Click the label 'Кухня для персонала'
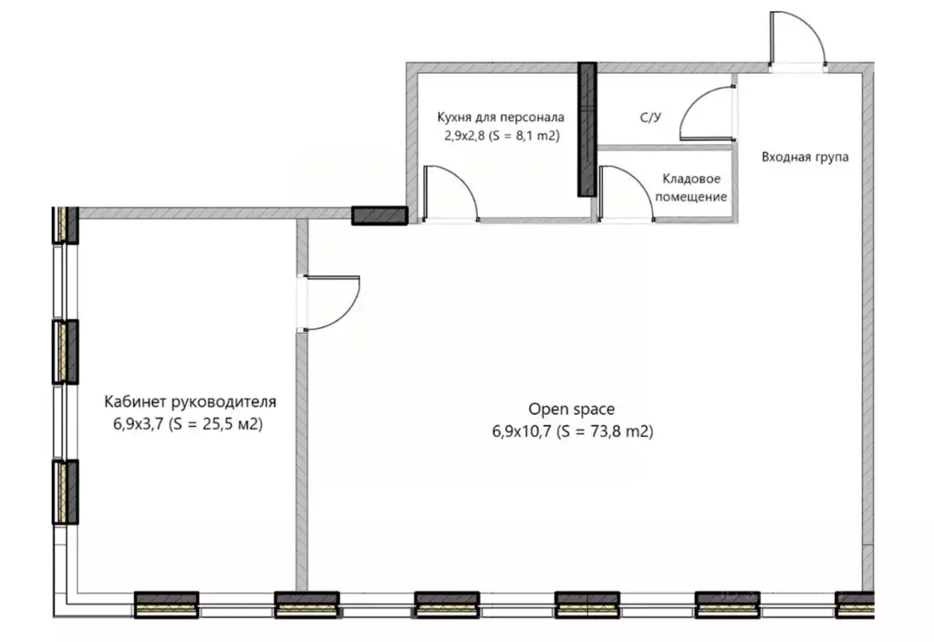point(501,117)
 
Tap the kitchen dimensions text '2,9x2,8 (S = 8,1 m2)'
point(502,136)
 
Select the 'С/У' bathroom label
point(650,118)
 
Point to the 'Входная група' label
point(804,157)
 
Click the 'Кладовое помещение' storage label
point(691,188)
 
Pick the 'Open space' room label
point(571,409)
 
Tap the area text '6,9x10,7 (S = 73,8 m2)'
point(573,431)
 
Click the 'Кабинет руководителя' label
point(190,402)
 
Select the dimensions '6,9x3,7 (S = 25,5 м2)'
point(188,424)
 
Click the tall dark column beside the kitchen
point(587,129)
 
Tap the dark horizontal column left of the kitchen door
point(379,215)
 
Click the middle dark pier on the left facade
point(66,352)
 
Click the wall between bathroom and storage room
point(664,147)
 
